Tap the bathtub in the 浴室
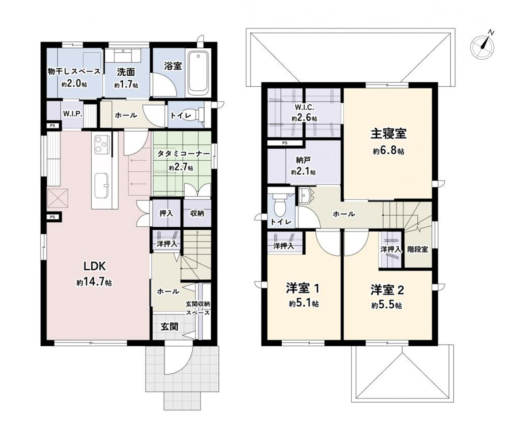(x=198, y=72)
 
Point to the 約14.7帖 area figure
(x=94, y=283)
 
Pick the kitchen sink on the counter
(x=102, y=186)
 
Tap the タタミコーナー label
(x=183, y=154)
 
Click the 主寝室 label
(x=388, y=134)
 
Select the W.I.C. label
(x=304, y=108)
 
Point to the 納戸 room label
(x=303, y=160)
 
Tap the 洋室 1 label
(x=303, y=288)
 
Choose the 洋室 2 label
(x=387, y=290)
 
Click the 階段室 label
(x=418, y=249)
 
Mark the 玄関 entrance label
(x=169, y=327)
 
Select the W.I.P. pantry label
(x=73, y=114)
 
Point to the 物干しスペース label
(x=74, y=71)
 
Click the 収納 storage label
(x=197, y=213)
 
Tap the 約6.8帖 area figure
(x=388, y=151)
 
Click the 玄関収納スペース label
(x=198, y=308)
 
